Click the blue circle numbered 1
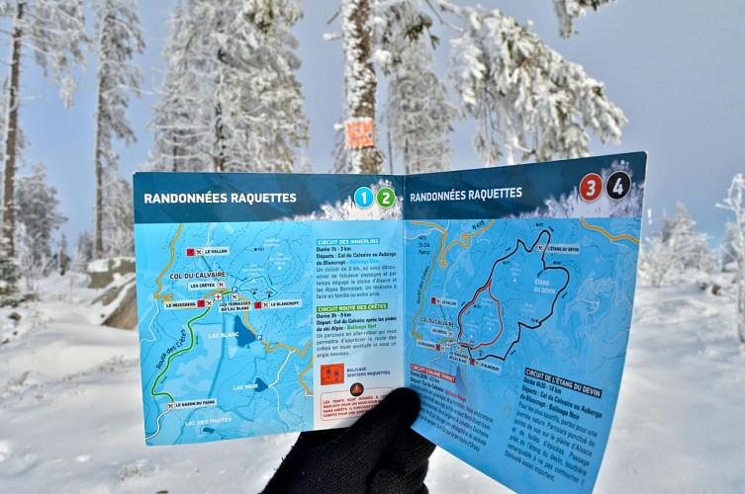tap(363, 197)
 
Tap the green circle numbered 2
tap(386, 197)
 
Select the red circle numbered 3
tap(591, 187)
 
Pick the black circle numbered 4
tap(618, 185)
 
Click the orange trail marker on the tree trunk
tap(360, 133)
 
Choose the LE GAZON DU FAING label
tap(196, 403)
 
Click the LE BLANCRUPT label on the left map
tap(281, 303)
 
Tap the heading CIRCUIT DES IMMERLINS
tap(347, 242)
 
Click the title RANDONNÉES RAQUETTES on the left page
tap(220, 198)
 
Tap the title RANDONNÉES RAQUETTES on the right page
tap(465, 195)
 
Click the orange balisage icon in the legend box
tap(333, 373)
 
